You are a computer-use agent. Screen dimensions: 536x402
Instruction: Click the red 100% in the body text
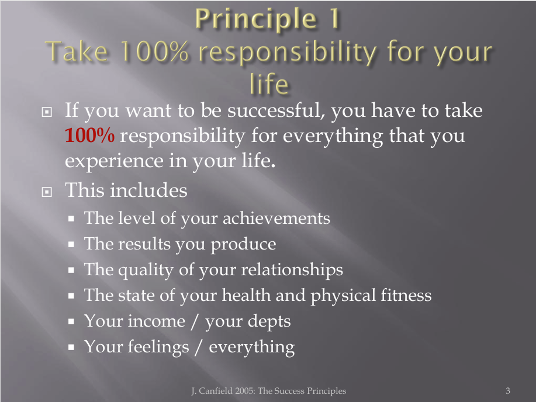pos(89,136)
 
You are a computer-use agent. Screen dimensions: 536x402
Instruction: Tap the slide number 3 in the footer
pos(508,391)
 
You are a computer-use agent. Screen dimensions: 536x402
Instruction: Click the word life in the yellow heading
pos(269,84)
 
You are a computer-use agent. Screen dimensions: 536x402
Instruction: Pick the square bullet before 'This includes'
pos(47,192)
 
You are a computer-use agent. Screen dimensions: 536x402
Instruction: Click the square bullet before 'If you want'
pos(47,112)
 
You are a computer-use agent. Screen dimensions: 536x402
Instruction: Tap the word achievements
pos(276,218)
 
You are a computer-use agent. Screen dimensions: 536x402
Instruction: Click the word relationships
pos(292,270)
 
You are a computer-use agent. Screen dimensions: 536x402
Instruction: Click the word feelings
pos(158,347)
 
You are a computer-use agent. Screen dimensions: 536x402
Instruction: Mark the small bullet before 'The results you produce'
pos(71,244)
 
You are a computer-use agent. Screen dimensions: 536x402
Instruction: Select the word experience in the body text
pos(114,161)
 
